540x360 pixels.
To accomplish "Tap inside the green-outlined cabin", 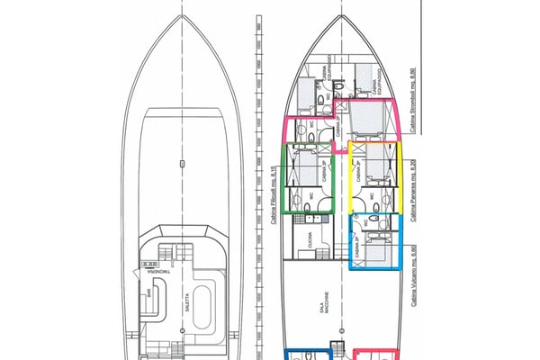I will point(309,180).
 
